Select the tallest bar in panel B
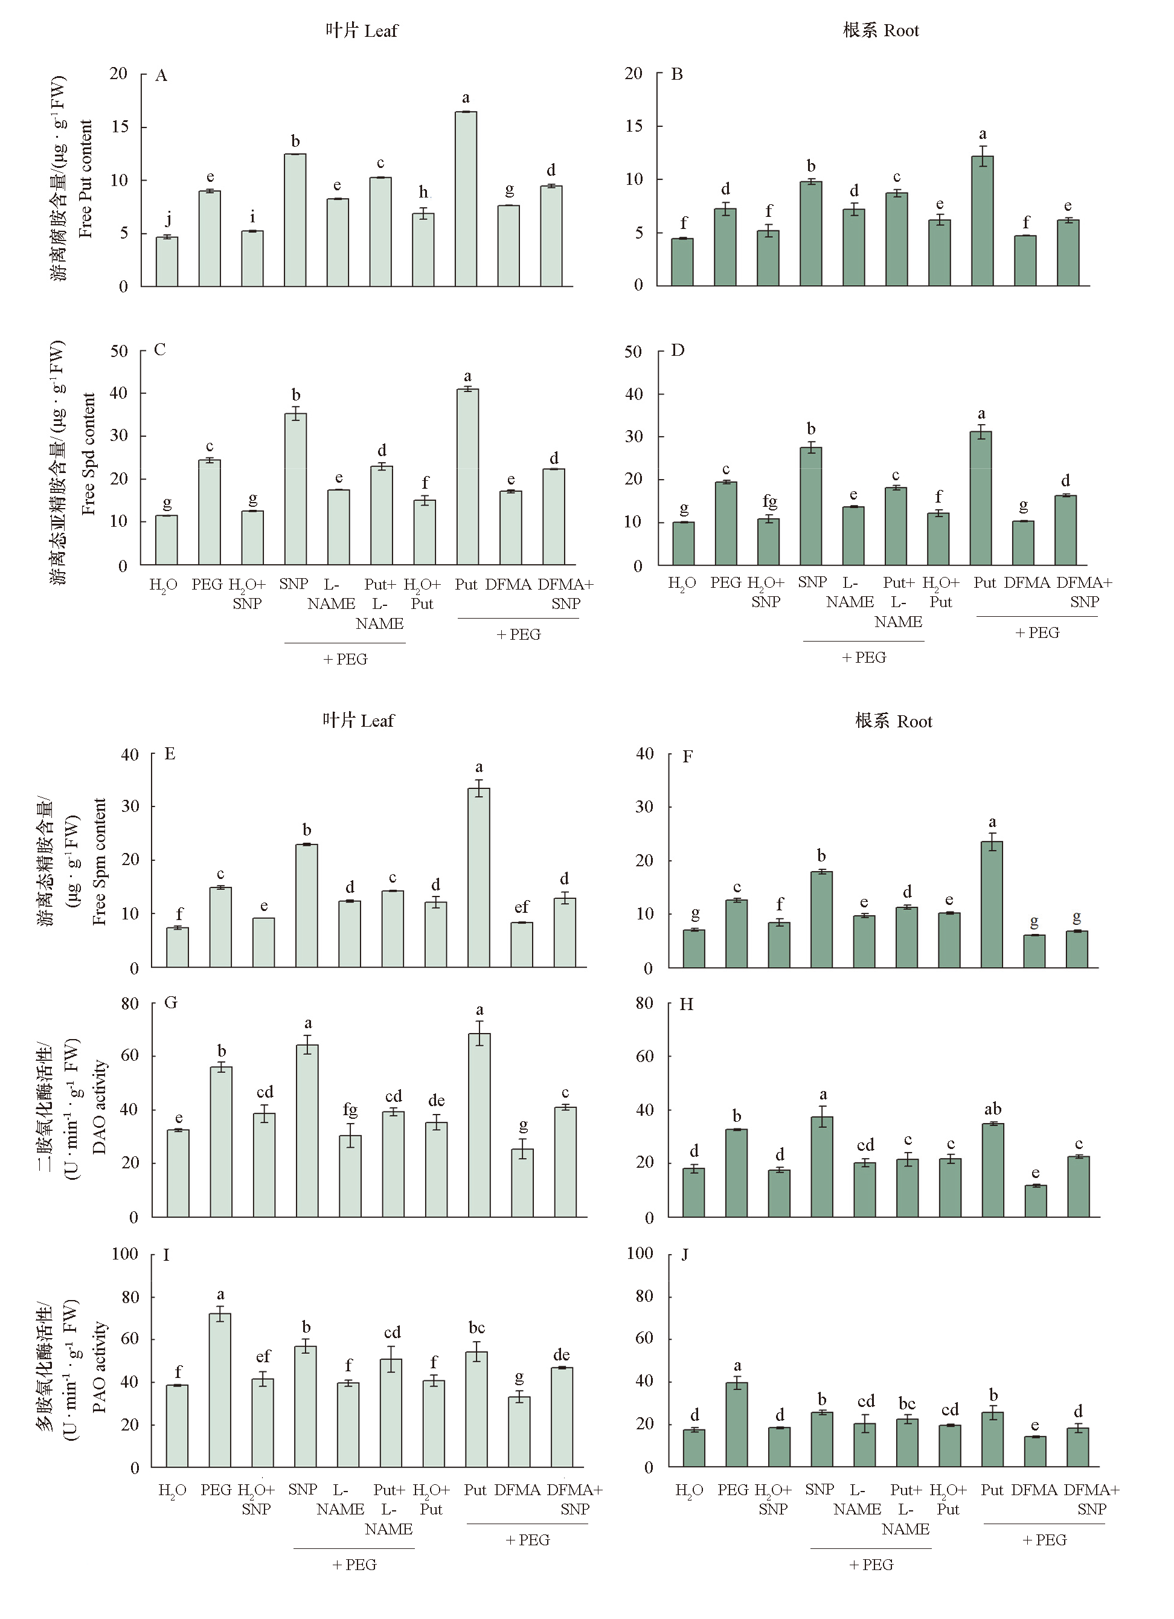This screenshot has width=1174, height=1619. tap(982, 221)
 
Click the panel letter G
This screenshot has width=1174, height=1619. tap(170, 1003)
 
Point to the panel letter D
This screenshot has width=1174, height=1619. tap(678, 350)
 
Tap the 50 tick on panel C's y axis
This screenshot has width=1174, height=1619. tap(118, 351)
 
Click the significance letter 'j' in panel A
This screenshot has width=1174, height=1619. tap(168, 219)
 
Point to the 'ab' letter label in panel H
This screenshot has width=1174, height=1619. tap(993, 1109)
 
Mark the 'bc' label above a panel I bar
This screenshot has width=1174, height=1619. tap(476, 1327)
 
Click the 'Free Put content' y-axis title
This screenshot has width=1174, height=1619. tap(86, 178)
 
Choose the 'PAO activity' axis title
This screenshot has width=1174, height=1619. tap(99, 1367)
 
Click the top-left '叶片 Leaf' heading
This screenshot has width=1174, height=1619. tap(361, 31)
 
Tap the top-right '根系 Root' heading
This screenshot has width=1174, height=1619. tap(881, 31)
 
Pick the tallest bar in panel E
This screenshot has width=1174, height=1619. tap(479, 877)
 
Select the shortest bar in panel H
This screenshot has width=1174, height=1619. tap(1036, 1201)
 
